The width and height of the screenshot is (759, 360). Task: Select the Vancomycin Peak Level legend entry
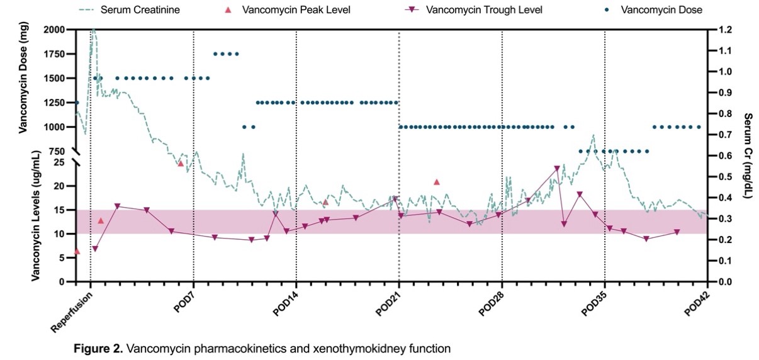tap(296, 10)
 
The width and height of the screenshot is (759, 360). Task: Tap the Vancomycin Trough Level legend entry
tap(483, 10)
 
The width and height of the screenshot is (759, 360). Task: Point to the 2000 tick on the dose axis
tap(54, 30)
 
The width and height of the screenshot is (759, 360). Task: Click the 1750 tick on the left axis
tap(54, 54)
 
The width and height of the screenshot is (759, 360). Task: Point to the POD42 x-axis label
tap(696, 308)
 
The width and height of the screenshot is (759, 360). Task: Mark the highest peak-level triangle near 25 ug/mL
tap(181, 163)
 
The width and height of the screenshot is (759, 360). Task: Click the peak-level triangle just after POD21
tap(437, 182)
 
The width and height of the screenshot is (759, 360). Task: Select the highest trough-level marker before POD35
tap(557, 169)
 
